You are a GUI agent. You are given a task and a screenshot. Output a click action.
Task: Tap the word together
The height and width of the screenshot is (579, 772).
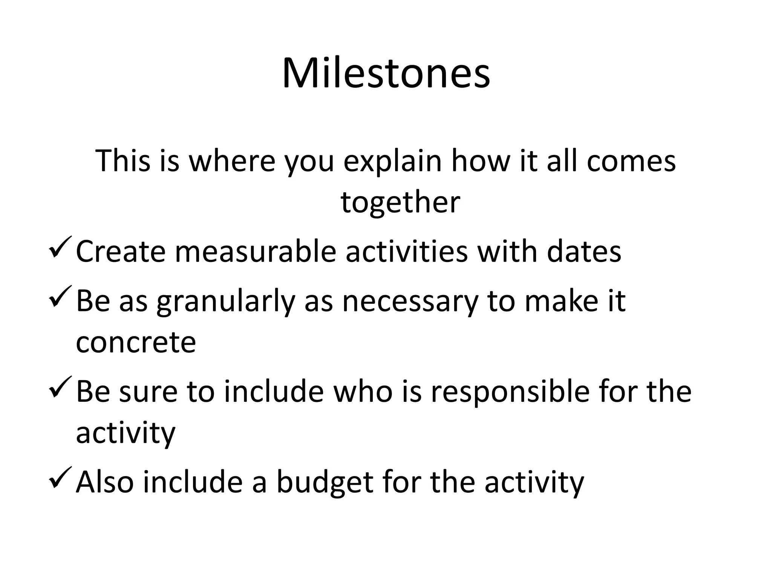pyautogui.click(x=400, y=202)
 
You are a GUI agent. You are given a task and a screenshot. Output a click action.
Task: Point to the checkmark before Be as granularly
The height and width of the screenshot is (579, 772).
pyautogui.click(x=60, y=297)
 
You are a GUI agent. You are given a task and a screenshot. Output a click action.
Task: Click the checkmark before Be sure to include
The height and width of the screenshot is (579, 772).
pyautogui.click(x=60, y=387)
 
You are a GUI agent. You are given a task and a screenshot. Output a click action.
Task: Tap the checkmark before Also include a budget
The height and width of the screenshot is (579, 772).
pyautogui.click(x=60, y=478)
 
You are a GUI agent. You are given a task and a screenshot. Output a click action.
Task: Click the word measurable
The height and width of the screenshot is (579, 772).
pyautogui.click(x=255, y=252)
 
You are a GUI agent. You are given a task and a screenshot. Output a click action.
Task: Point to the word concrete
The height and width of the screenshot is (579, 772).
pyautogui.click(x=136, y=343)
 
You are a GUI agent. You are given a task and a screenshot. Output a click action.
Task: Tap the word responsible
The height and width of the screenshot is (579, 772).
pyautogui.click(x=510, y=392)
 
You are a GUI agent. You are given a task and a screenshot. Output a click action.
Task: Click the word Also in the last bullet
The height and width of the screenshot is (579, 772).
pyautogui.click(x=105, y=482)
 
